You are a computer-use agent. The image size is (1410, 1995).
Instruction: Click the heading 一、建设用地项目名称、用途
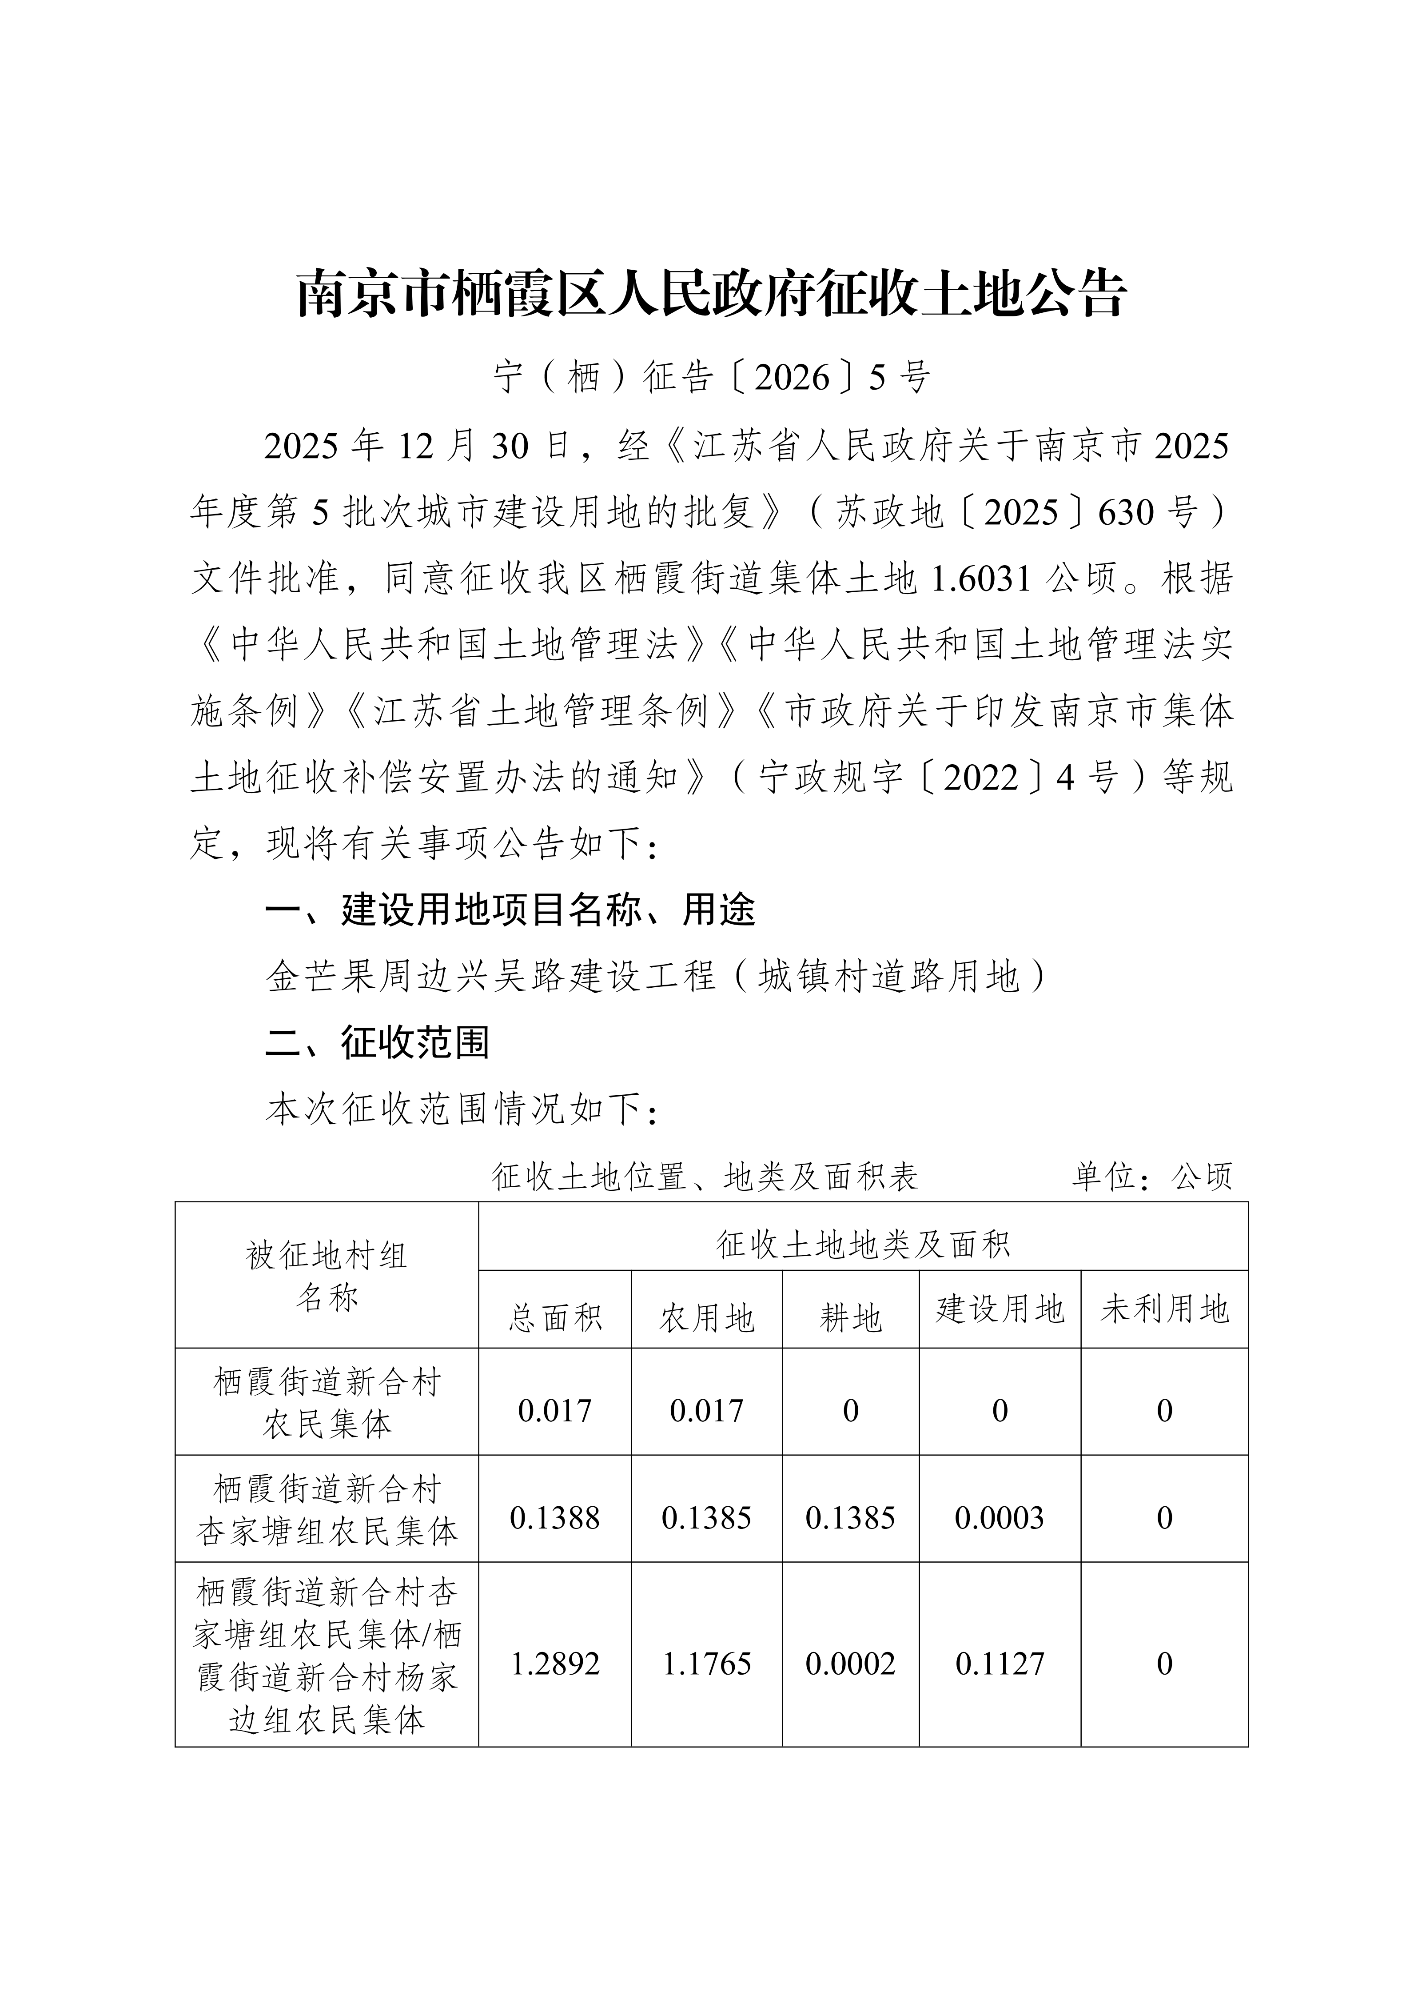(510, 910)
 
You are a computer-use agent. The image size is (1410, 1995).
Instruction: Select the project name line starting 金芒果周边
(657, 976)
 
